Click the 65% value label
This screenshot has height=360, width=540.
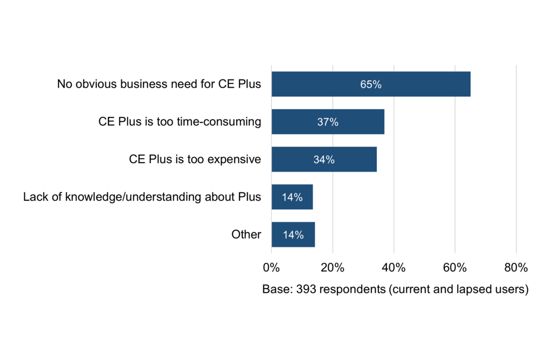[x=371, y=85]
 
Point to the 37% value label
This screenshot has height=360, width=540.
[x=327, y=122]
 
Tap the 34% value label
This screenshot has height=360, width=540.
[x=324, y=160]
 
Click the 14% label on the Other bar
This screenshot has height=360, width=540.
[x=293, y=235]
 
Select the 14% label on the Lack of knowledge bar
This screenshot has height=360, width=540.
[x=292, y=197]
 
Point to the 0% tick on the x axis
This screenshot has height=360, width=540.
[x=272, y=267]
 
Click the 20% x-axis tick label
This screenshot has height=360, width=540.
[x=332, y=267]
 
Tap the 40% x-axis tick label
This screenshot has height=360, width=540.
[x=394, y=267]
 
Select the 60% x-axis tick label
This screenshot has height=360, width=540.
[x=455, y=267]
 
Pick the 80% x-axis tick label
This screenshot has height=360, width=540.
[x=516, y=267]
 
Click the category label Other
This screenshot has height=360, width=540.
[x=246, y=235]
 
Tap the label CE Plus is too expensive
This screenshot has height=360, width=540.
[x=195, y=159]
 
